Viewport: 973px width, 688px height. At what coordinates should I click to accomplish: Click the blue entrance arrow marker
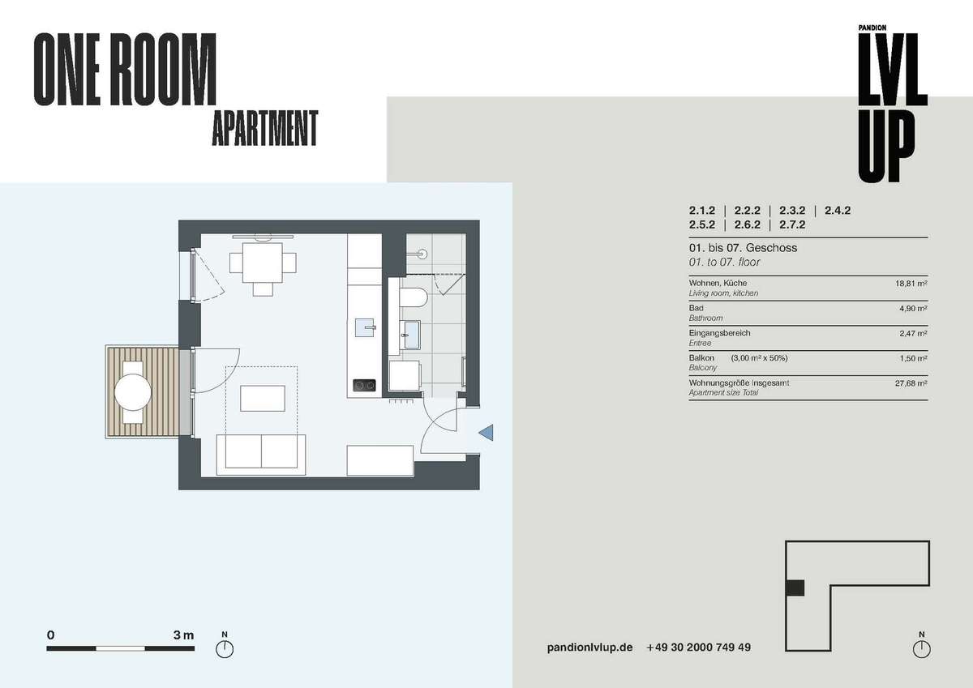coord(487,433)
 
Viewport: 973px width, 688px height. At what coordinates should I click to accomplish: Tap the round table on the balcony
coord(133,392)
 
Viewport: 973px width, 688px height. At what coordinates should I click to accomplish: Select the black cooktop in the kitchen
coord(364,385)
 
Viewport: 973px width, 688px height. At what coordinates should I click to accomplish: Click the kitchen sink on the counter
coord(365,327)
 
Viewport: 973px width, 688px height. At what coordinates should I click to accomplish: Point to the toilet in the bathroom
coord(414,297)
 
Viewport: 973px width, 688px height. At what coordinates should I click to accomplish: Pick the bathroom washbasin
coord(412,335)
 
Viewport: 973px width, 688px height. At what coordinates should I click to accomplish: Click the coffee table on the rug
coord(263,398)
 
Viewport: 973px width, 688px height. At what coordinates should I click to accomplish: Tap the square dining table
coord(263,263)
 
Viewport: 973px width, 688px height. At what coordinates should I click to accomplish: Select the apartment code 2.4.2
coord(838,211)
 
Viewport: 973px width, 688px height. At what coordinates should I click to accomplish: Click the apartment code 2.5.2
coord(701,224)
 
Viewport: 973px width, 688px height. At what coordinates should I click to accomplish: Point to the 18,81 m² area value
coord(911,284)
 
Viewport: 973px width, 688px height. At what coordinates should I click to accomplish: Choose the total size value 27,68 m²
coord(911,383)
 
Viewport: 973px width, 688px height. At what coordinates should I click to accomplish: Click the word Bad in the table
coord(696,308)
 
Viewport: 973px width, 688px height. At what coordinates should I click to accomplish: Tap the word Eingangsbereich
coord(720,333)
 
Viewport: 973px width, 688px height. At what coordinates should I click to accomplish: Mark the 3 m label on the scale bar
coord(183,635)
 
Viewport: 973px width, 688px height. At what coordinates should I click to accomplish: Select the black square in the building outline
coord(795,588)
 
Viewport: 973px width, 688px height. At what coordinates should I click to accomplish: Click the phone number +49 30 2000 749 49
coord(698,647)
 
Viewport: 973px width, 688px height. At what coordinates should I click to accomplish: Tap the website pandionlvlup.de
coord(590,647)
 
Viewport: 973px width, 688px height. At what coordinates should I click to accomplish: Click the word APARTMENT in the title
coord(265,128)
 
